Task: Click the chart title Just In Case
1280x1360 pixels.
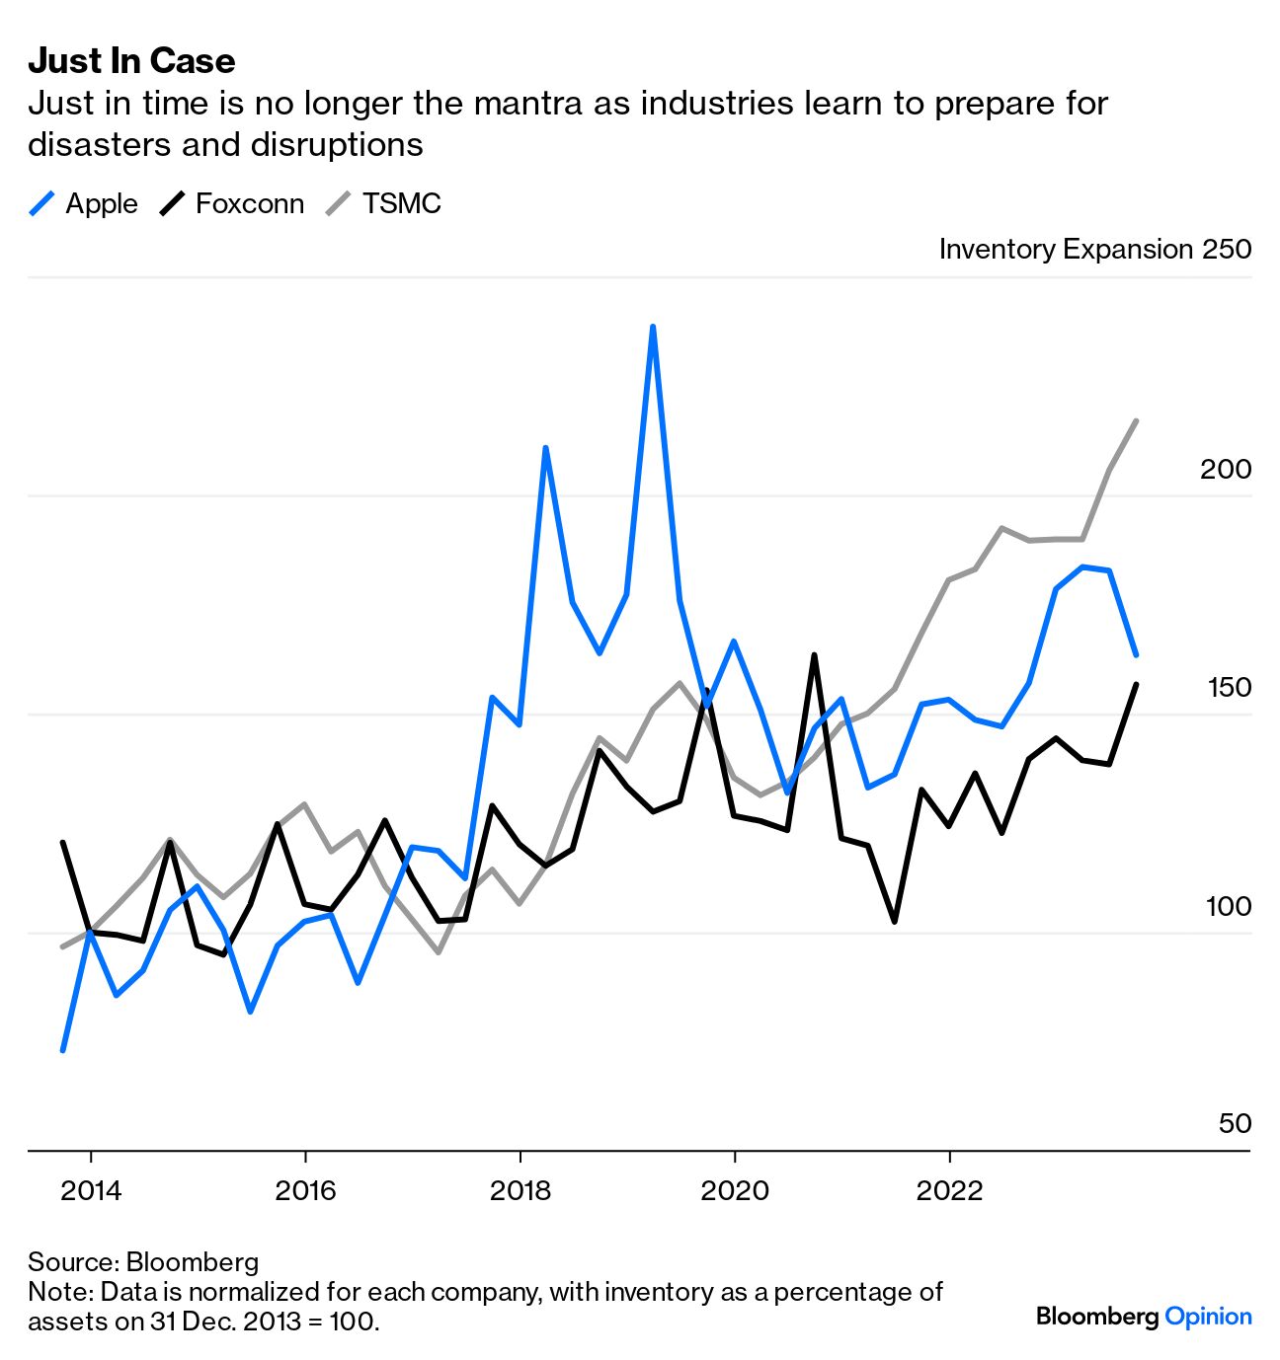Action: [x=131, y=61]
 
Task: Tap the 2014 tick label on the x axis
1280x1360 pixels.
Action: [x=91, y=1190]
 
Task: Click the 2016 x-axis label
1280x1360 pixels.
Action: [x=305, y=1190]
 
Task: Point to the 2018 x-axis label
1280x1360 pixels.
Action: [x=520, y=1190]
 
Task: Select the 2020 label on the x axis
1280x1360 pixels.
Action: [x=735, y=1190]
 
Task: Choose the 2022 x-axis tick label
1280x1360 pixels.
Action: [x=949, y=1190]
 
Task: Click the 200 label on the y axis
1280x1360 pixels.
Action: [x=1226, y=469]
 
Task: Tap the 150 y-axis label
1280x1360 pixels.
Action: [x=1229, y=688]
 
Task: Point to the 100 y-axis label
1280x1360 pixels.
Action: [x=1229, y=906]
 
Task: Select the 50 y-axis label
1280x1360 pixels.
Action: [x=1235, y=1124]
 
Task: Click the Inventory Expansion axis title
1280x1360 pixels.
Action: [x=1067, y=249]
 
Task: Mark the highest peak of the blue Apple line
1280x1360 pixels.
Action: [x=653, y=327]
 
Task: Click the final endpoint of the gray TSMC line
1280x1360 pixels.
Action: [x=1137, y=420]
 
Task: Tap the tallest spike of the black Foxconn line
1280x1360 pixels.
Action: [x=814, y=654]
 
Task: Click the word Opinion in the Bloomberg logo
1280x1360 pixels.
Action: [x=1208, y=1317]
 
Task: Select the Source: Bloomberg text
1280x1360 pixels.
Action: [x=143, y=1262]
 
